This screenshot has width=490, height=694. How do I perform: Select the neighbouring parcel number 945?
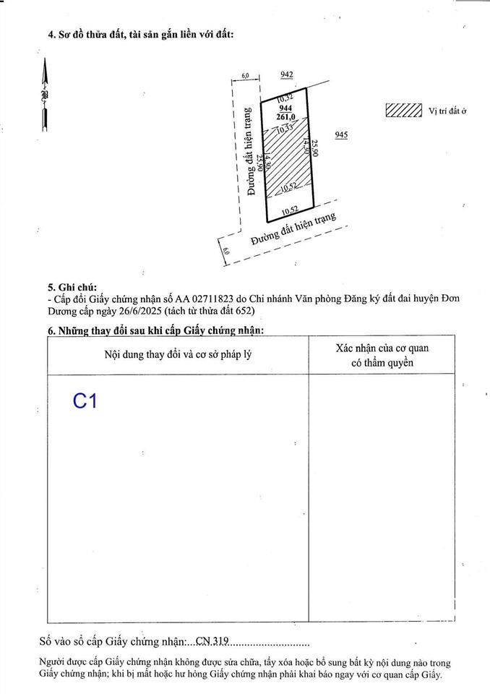tap(342, 134)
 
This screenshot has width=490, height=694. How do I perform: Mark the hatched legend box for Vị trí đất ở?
tap(404, 110)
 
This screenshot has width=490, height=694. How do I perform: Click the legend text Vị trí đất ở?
tap(448, 111)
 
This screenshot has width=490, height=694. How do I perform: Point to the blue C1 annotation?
tap(85, 401)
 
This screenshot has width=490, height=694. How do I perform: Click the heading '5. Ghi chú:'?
tap(72, 287)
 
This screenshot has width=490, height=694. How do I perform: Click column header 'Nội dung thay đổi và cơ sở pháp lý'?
tap(179, 354)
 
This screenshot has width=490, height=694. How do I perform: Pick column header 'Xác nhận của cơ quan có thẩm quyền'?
tap(382, 355)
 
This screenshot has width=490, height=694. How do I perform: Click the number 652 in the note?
tap(244, 310)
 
